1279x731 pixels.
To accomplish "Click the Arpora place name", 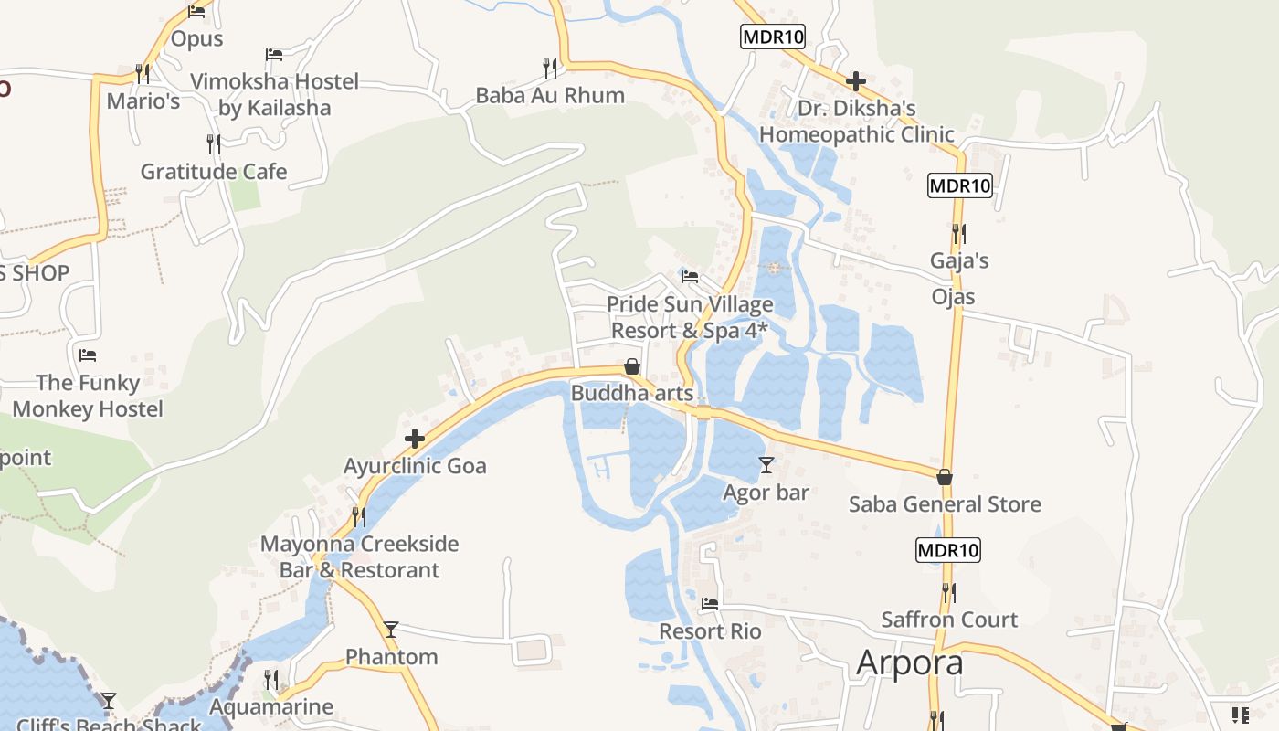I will [910, 662].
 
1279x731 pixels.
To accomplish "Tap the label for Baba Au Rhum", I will [550, 95].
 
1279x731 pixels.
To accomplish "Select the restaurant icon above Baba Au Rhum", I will [550, 68].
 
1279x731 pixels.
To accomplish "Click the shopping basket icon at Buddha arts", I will [631, 366].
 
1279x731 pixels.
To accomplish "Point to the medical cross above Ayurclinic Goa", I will [415, 439].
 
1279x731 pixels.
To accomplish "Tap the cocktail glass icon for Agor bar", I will [766, 465].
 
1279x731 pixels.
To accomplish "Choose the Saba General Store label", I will [945, 504].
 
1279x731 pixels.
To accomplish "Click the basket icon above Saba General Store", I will [945, 477].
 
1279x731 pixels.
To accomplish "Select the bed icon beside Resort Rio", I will [710, 604].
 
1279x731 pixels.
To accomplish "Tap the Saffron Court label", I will [949, 620].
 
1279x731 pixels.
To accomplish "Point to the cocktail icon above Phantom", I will [391, 629].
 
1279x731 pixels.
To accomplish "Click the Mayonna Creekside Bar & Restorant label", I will [359, 556].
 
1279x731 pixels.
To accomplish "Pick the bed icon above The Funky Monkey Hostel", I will [88, 355].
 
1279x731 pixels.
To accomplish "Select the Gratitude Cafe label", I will [214, 172].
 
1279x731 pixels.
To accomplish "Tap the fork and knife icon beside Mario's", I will [143, 73].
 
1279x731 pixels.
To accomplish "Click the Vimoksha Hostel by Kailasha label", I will [274, 94].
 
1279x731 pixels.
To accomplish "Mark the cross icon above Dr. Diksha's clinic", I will [856, 82].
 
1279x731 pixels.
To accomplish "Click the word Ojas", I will [953, 297].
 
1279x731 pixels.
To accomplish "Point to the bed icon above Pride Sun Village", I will [690, 276].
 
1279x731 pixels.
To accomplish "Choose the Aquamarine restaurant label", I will [271, 707].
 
